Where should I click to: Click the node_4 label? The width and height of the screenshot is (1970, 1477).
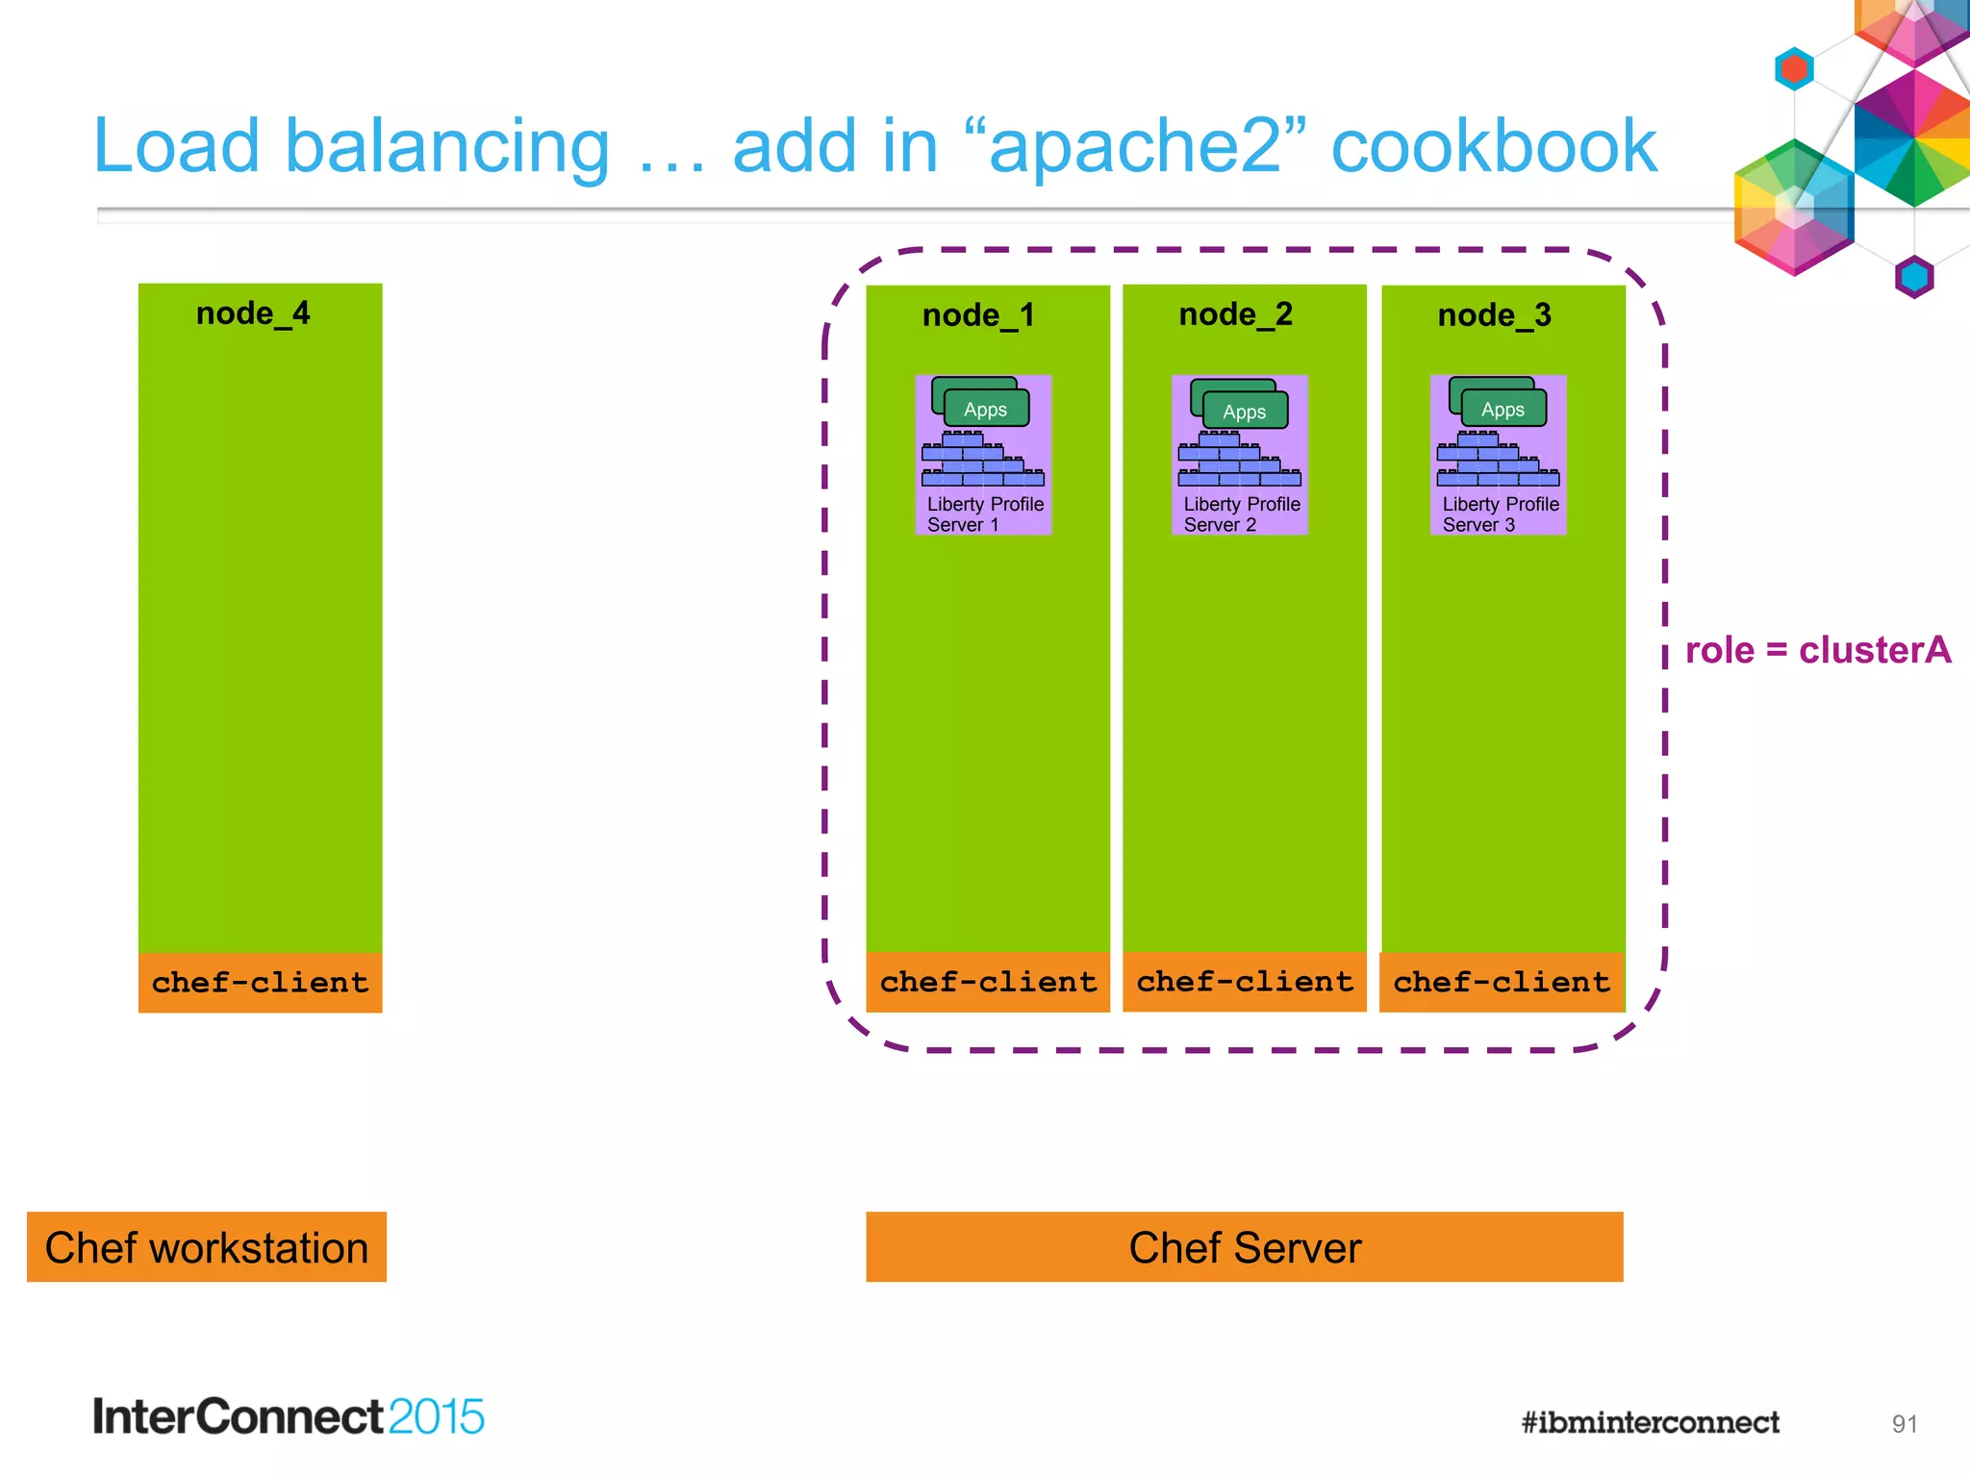point(253,313)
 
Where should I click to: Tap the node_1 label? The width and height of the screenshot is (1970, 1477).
point(978,315)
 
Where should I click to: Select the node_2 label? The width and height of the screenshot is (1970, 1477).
point(1235,314)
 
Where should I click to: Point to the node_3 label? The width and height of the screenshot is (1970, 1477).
point(1494,315)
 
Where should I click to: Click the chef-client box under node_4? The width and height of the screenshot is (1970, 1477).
point(260,982)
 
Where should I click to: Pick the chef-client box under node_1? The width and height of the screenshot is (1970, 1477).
point(988,982)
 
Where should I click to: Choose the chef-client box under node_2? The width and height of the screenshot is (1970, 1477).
point(1245,982)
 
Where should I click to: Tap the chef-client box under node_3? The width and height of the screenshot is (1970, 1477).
point(1502,982)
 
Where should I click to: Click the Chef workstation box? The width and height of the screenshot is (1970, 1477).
point(207,1247)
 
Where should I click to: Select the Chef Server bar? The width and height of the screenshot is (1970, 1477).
point(1245,1247)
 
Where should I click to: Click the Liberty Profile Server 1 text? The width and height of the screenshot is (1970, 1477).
point(984,514)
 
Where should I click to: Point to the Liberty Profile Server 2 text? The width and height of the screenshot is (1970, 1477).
point(1241,514)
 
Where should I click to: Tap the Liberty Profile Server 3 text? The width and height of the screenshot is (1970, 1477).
point(1500,514)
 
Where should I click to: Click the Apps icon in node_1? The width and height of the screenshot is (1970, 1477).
point(985,409)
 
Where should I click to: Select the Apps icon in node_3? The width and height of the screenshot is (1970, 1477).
point(1503,409)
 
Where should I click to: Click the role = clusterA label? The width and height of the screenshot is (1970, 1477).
point(1817,650)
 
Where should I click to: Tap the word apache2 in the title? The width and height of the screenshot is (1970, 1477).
point(1136,146)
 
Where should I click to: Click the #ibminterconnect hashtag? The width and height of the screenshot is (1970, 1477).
point(1650,1422)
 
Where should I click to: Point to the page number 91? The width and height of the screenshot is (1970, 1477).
point(1904,1424)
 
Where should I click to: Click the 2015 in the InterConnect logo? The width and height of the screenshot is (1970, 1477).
point(436,1416)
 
